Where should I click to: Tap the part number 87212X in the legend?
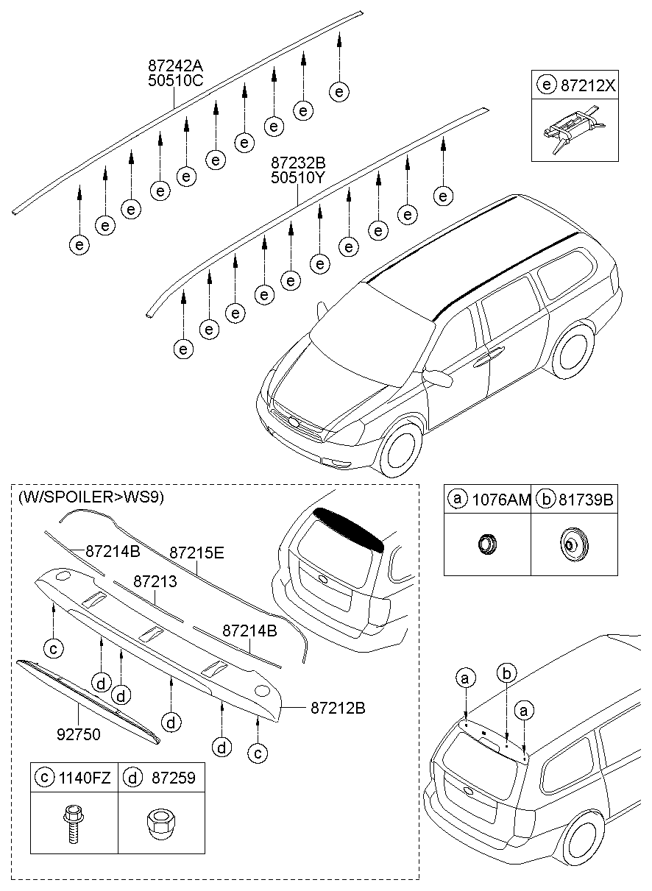(588, 85)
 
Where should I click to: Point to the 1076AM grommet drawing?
(486, 544)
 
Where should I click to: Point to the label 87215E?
(196, 552)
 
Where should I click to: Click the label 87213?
(155, 581)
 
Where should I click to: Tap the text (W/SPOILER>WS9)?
(91, 497)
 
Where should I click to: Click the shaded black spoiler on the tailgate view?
(350, 528)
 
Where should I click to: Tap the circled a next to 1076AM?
(458, 500)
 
